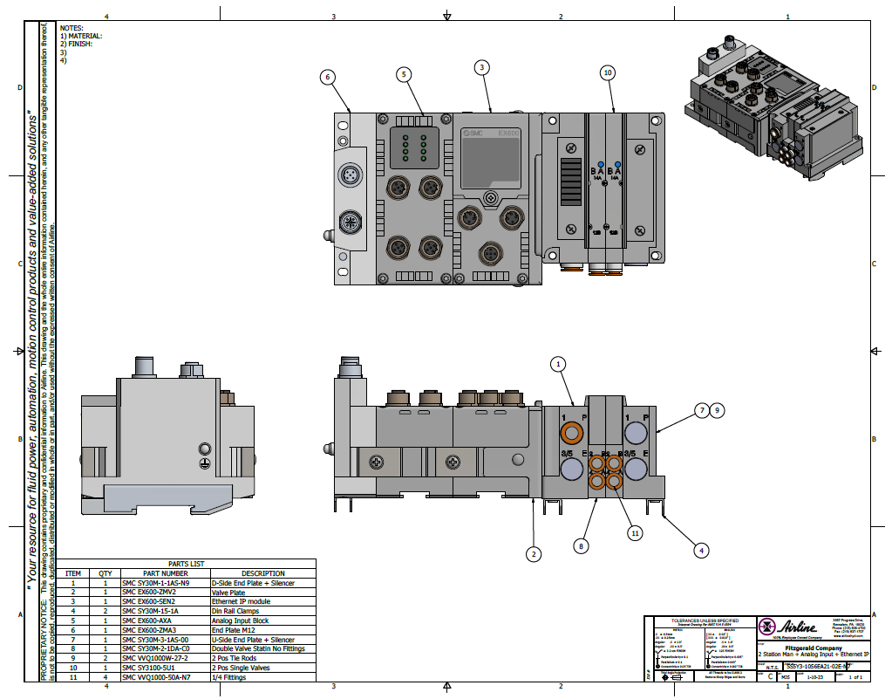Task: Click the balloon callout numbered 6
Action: point(328,77)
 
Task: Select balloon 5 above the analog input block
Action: point(404,74)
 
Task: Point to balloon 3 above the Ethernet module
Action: point(482,67)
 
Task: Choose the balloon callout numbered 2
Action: point(534,552)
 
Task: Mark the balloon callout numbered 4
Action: point(701,550)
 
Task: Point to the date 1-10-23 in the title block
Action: point(814,676)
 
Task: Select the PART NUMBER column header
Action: point(166,573)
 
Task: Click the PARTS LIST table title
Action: point(186,564)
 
